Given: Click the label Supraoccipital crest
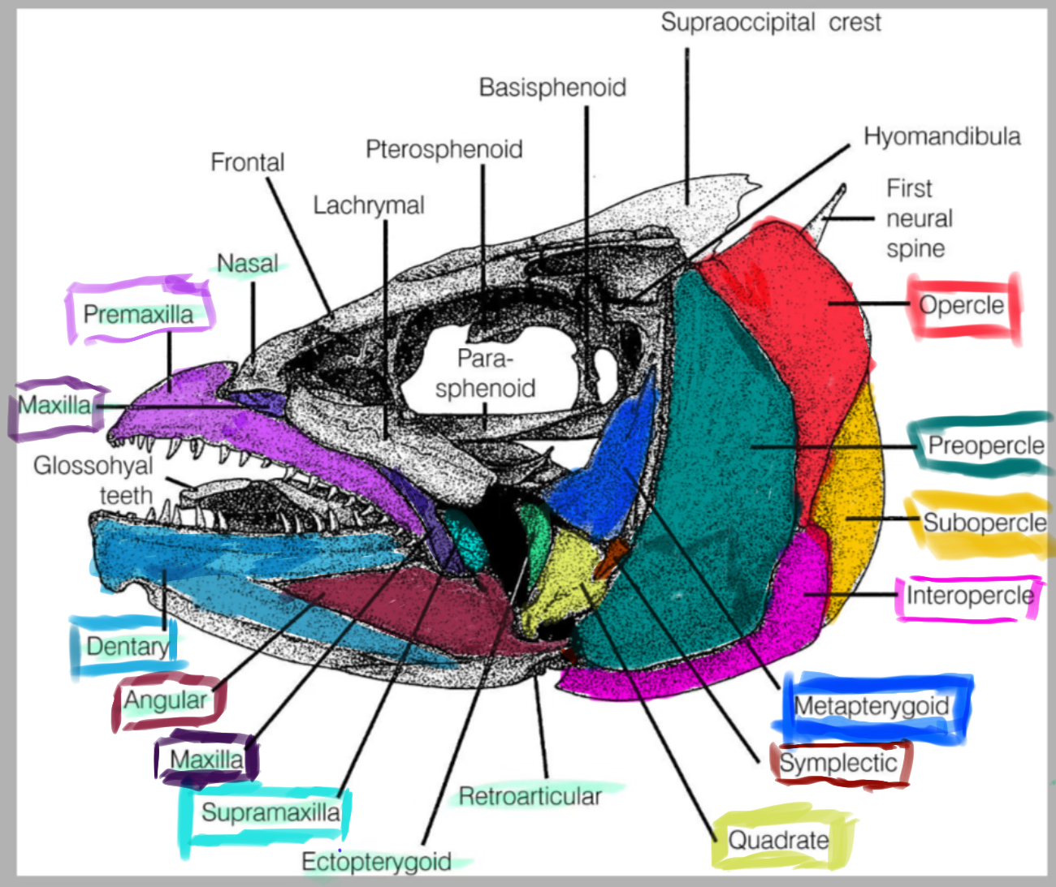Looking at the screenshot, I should pos(770,23).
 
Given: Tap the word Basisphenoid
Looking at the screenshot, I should pos(552,88).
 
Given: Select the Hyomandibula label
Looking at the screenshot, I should pos(941,136).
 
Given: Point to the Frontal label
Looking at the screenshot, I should pos(248,162).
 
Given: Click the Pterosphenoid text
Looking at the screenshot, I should pos(444,149).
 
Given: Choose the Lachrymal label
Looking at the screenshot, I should pos(369,205).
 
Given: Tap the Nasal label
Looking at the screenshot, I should pos(248,264).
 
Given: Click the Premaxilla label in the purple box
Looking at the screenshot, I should pos(139,314).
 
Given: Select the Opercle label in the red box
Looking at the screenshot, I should pos(962,305).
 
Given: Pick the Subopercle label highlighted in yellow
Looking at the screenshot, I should pos(985,523).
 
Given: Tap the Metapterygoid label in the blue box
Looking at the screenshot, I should pos(872,706).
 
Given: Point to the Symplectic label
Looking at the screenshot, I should pos(838,763).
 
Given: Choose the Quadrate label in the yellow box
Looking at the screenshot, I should pos(778,839).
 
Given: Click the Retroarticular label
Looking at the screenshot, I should pos(530,796).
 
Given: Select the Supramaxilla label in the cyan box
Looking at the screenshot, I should pos(270,812).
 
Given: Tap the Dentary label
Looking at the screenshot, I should pos(128,647).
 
